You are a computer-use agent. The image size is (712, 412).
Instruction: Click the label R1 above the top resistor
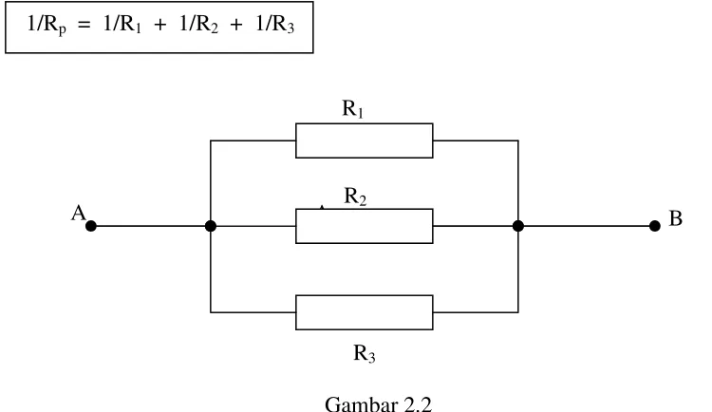pos(353,109)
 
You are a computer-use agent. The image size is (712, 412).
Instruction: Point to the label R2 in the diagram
pos(355,197)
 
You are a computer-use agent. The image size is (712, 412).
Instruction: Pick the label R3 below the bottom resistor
pos(365,353)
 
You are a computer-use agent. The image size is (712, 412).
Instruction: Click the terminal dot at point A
pos(91,226)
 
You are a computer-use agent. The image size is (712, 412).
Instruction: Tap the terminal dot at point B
pos(654,226)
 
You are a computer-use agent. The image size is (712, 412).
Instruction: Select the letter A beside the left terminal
pos(78,213)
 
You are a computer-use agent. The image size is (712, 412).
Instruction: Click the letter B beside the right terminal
pos(676,218)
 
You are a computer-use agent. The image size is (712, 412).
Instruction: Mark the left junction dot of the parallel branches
pos(211,226)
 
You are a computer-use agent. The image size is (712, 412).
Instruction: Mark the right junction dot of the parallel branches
pos(518,226)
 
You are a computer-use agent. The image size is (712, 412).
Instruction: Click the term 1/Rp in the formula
pos(47,25)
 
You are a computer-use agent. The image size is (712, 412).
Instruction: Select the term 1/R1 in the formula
pos(122,24)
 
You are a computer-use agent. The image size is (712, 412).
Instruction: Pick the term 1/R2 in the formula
pos(199,24)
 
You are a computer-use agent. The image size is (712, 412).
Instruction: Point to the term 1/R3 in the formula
pos(275,24)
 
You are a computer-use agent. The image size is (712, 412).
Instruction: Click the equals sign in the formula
pos(84,26)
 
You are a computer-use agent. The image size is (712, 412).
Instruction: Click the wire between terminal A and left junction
pos(151,226)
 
